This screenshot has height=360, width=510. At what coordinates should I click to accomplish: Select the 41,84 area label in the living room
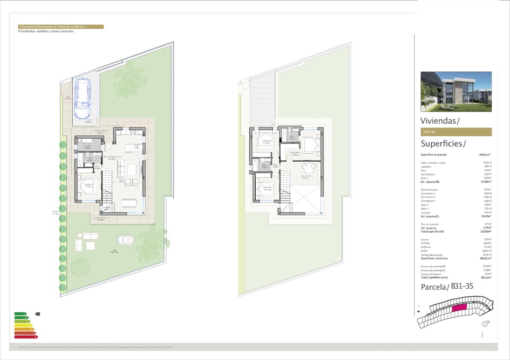coord(112,159)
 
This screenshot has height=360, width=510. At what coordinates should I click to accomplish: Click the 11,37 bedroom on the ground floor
coord(88,186)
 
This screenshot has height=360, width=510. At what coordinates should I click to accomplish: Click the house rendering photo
coord(456,91)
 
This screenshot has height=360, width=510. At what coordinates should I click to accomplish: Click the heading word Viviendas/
coord(440,121)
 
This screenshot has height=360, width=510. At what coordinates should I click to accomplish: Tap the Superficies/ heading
coord(443,143)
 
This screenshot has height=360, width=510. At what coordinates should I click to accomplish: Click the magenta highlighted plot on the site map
coord(459,307)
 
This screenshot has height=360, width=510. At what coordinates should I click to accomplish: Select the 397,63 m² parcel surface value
coord(485,154)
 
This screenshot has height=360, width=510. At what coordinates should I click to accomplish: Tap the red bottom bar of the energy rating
coord(25,337)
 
